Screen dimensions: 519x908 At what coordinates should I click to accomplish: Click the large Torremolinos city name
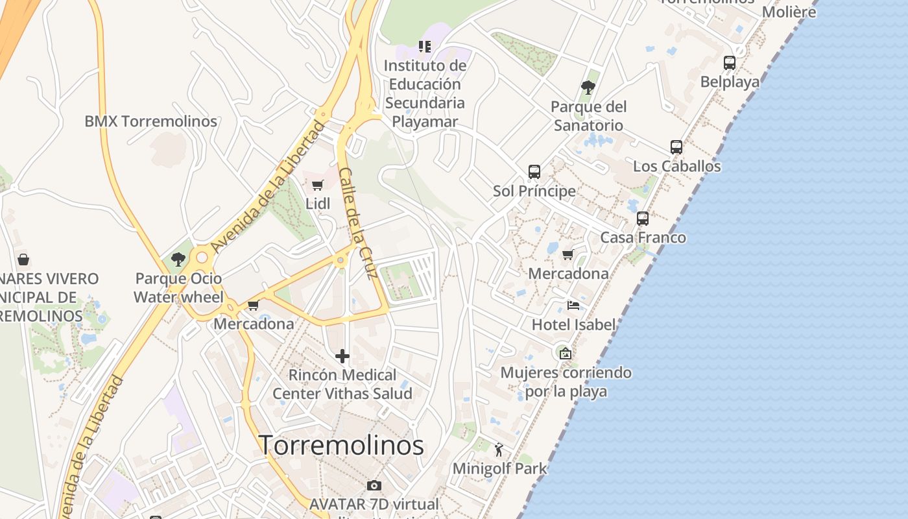[341, 445]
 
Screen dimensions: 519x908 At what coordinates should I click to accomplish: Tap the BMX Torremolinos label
[150, 121]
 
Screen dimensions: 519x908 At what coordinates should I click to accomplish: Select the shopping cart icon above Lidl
[318, 186]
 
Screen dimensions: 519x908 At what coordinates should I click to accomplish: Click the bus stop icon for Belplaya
[730, 63]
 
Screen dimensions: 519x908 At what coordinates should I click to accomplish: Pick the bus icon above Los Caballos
[676, 147]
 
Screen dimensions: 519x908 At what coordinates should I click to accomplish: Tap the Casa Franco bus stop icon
[643, 219]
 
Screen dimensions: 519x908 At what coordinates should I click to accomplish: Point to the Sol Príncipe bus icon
[534, 172]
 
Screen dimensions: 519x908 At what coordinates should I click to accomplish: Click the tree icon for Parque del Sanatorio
[588, 87]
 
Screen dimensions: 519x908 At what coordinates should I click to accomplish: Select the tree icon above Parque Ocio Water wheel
[178, 259]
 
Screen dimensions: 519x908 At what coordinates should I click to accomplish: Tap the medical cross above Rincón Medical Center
[342, 356]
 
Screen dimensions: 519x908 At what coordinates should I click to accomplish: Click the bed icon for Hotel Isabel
[573, 305]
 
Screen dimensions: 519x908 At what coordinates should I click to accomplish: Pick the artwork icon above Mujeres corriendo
[566, 354]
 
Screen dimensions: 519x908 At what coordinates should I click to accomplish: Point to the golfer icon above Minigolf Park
[499, 450]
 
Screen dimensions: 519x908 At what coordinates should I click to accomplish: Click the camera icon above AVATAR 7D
[374, 485]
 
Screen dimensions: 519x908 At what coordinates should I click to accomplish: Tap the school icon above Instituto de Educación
[425, 46]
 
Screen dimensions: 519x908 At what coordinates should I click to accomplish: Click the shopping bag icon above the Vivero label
[23, 260]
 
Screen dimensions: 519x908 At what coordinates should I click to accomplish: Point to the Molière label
[789, 12]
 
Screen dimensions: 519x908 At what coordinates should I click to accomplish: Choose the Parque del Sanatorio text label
[588, 115]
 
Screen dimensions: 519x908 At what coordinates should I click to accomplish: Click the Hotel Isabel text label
[573, 324]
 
